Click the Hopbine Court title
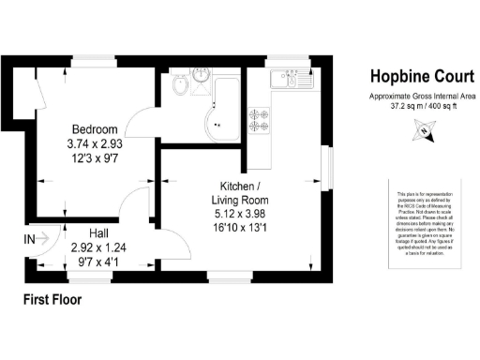coord(412,78)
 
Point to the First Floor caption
coord(52,301)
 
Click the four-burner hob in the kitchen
coord(258,119)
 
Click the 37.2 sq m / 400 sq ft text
coord(412,106)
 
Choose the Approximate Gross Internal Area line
coord(412,97)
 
